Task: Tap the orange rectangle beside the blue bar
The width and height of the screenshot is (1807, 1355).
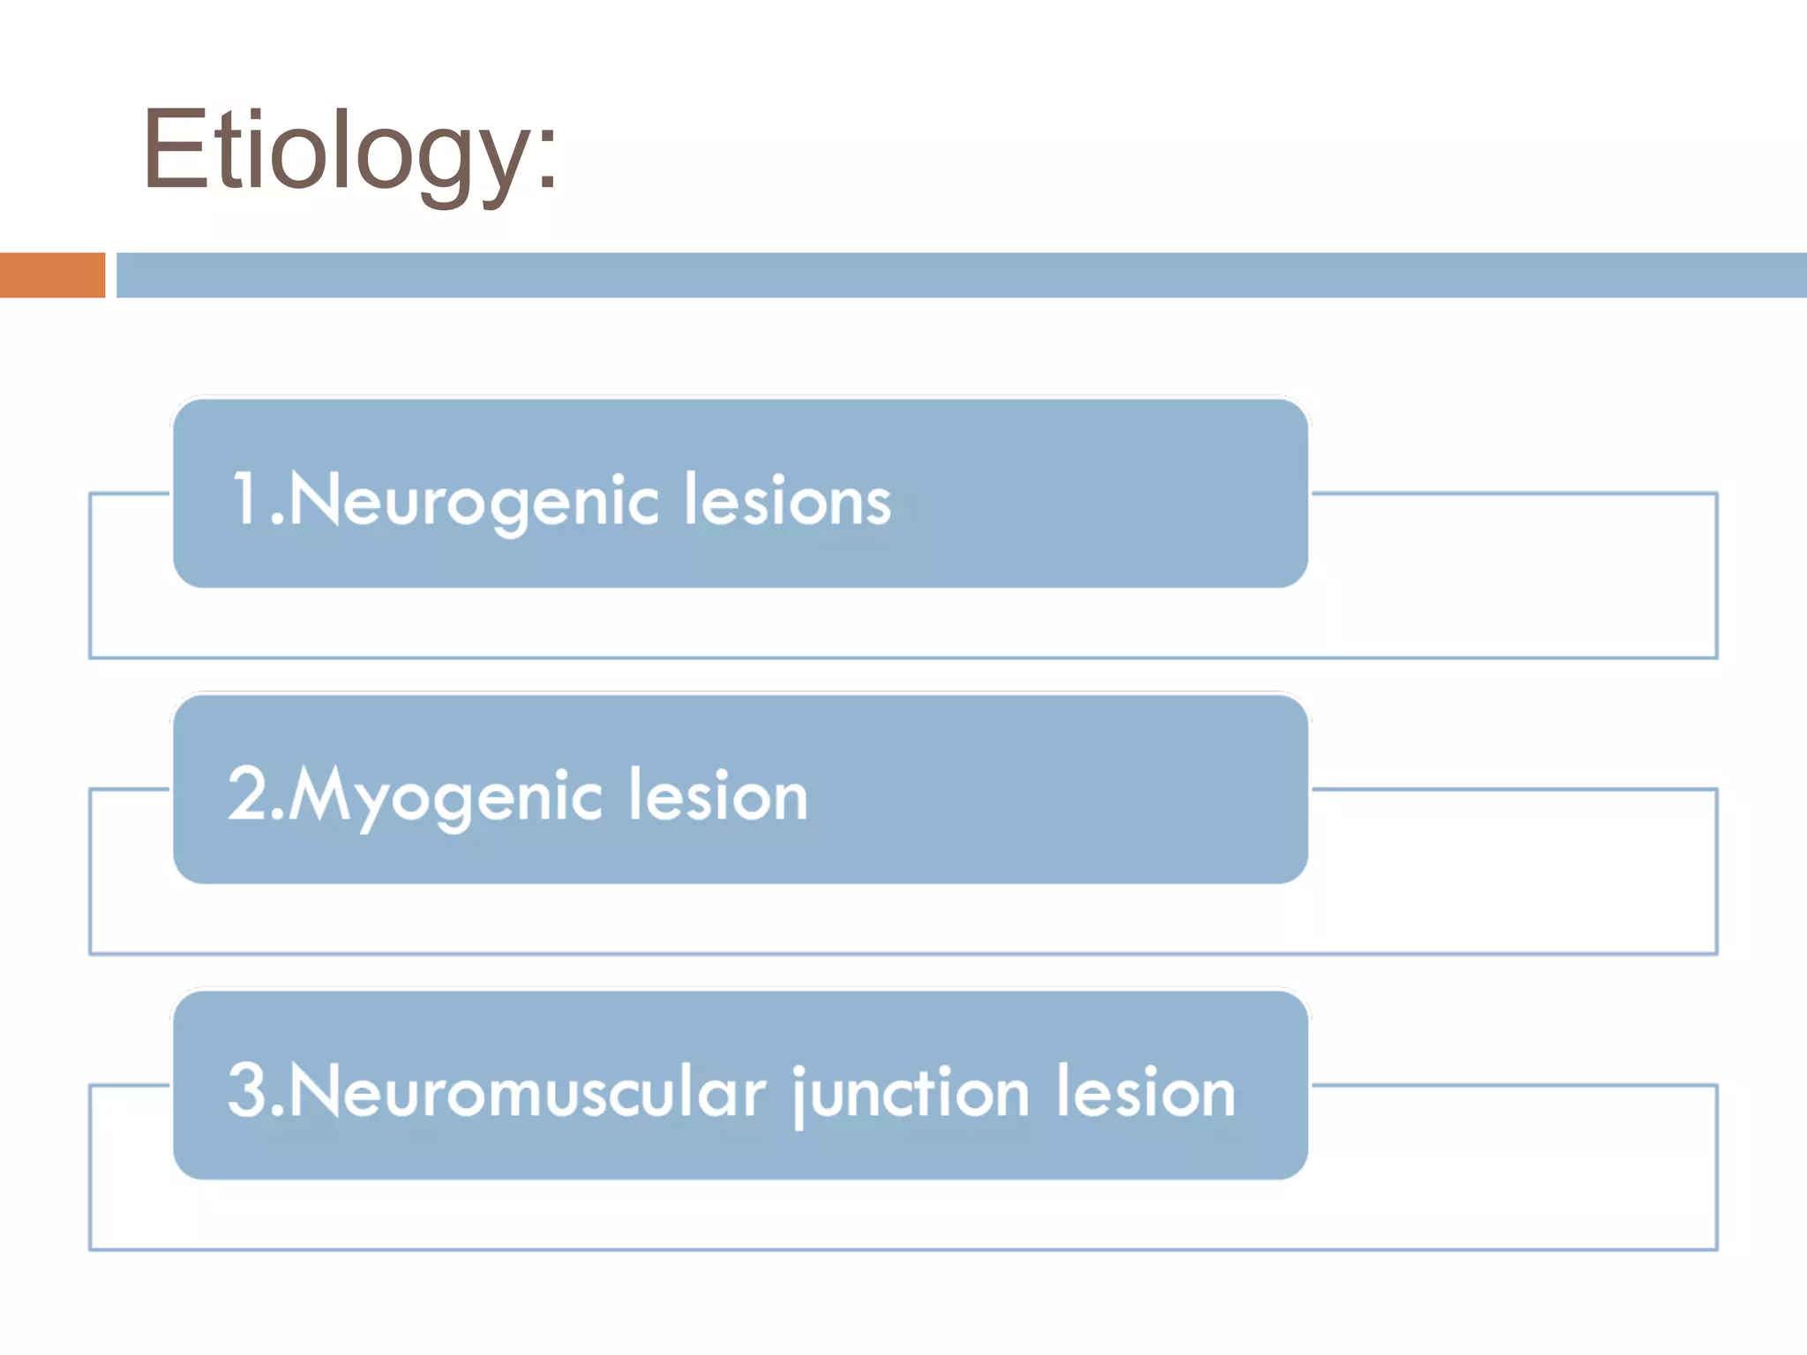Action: click(52, 275)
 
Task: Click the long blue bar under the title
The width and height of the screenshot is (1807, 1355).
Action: click(961, 275)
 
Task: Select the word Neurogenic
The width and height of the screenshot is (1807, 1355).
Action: click(473, 501)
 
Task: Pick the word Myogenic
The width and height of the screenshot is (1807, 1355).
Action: click(446, 797)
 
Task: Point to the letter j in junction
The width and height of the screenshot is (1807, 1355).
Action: click(802, 1096)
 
